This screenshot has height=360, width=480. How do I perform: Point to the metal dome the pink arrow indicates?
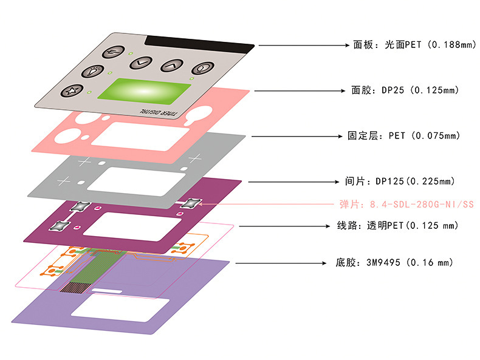coord(191,203)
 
